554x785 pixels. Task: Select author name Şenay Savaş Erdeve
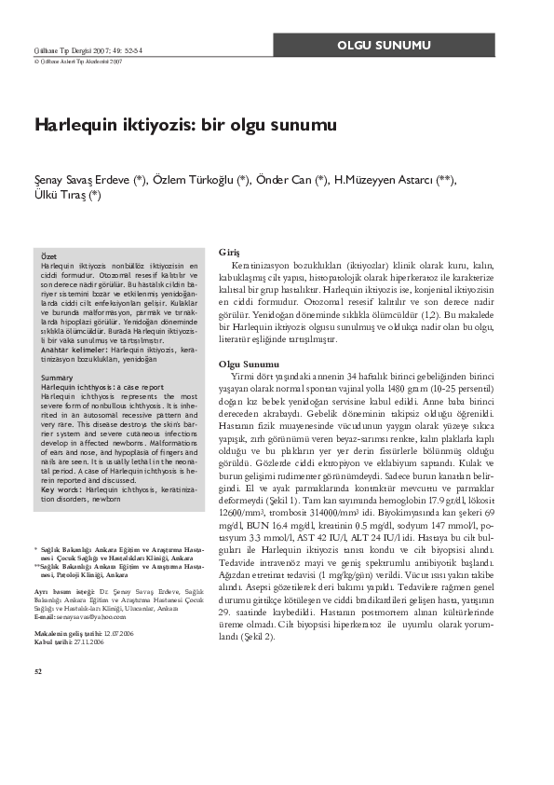[88, 180]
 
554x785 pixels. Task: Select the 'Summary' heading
[58, 377]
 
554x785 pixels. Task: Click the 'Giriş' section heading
[228, 253]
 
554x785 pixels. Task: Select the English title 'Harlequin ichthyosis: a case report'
[102, 385]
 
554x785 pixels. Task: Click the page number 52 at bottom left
[37, 669]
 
